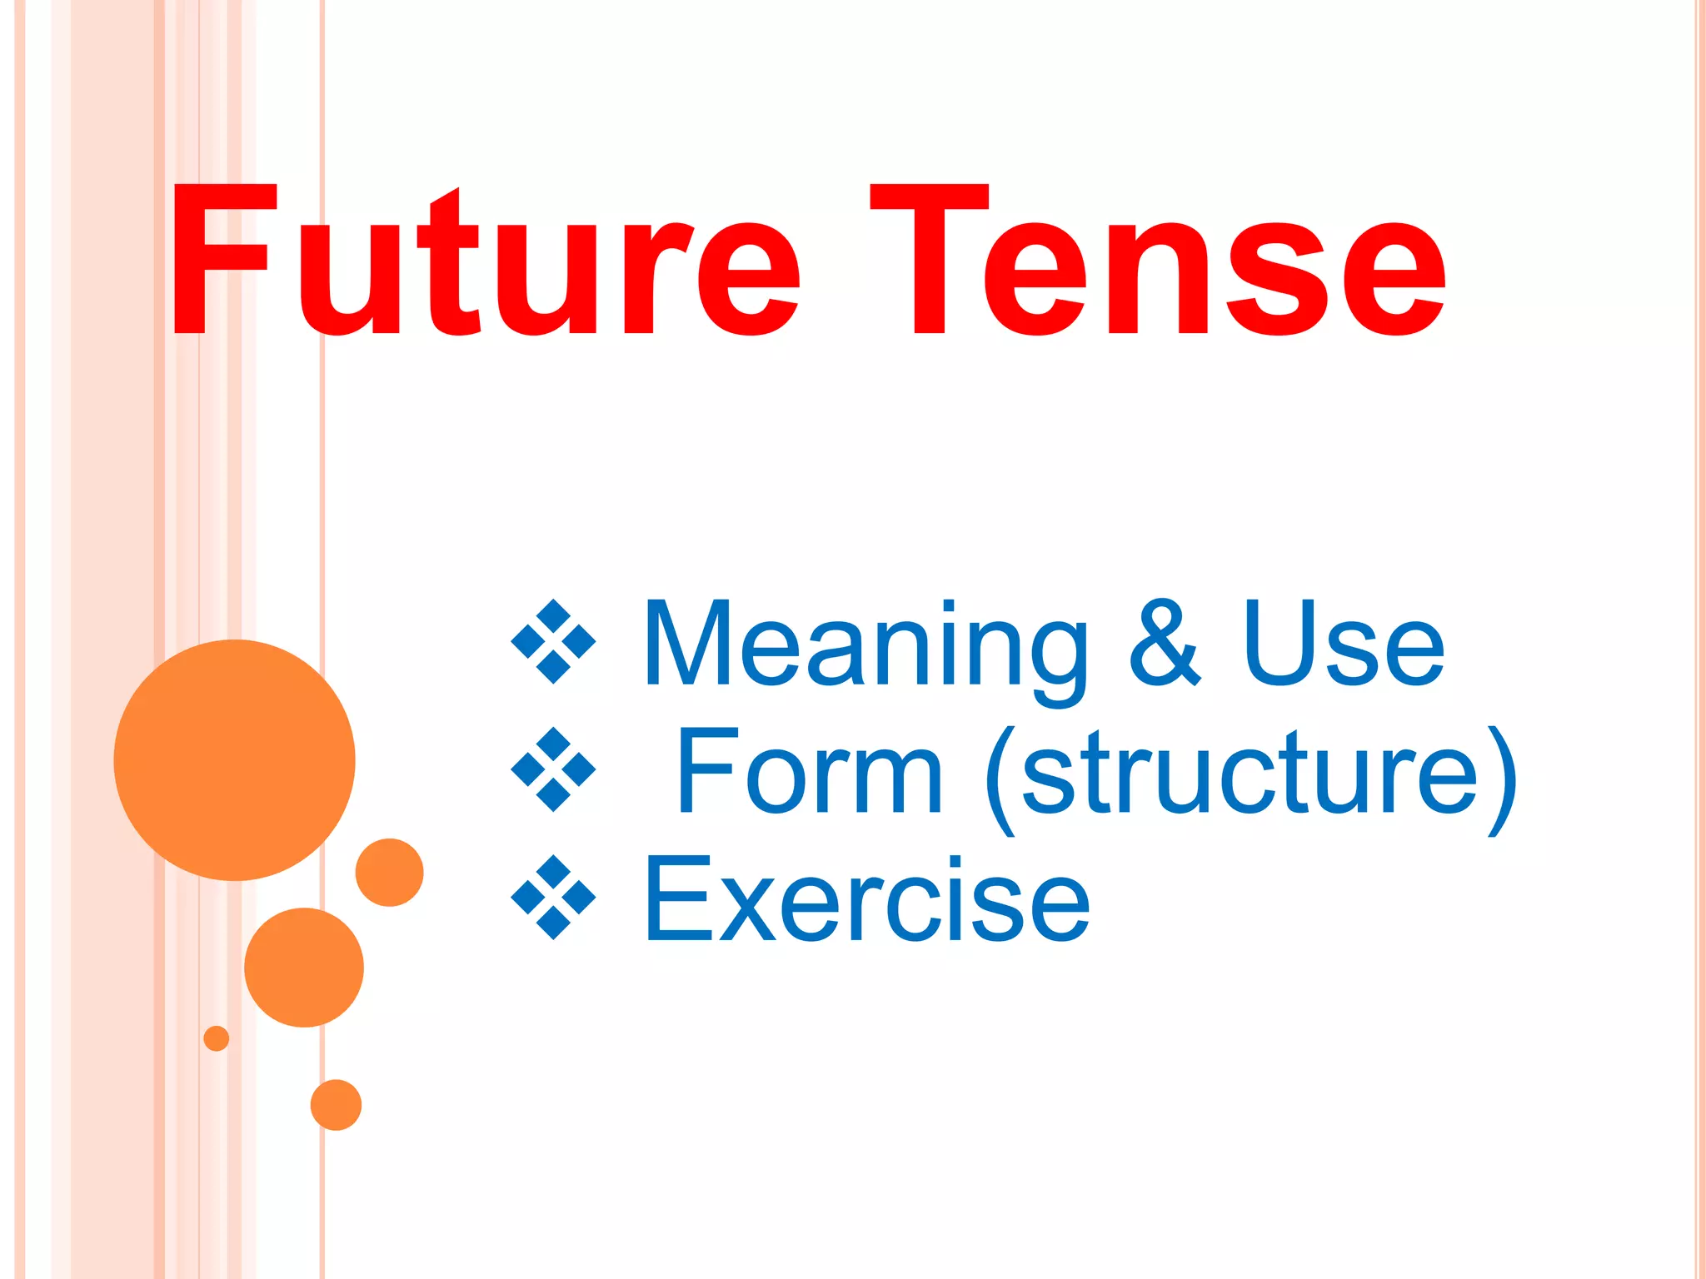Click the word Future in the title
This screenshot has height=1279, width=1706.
tap(483, 262)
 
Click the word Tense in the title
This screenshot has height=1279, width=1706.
tap(1158, 262)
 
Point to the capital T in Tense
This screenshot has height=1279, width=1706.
tap(929, 260)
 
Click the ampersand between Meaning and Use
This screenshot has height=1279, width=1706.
tap(1165, 643)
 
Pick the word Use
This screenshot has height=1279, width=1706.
tap(1343, 643)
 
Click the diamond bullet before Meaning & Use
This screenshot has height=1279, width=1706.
tap(553, 641)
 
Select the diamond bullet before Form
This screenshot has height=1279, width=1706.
tap(553, 769)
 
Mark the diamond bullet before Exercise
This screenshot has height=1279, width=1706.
tap(553, 898)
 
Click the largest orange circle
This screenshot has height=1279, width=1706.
tap(235, 759)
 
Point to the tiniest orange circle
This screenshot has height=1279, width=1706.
tap(217, 1038)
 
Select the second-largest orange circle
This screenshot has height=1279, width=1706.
tap(304, 968)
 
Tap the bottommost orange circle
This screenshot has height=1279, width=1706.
tap(336, 1105)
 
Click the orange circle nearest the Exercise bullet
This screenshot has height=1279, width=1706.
tap(389, 872)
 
